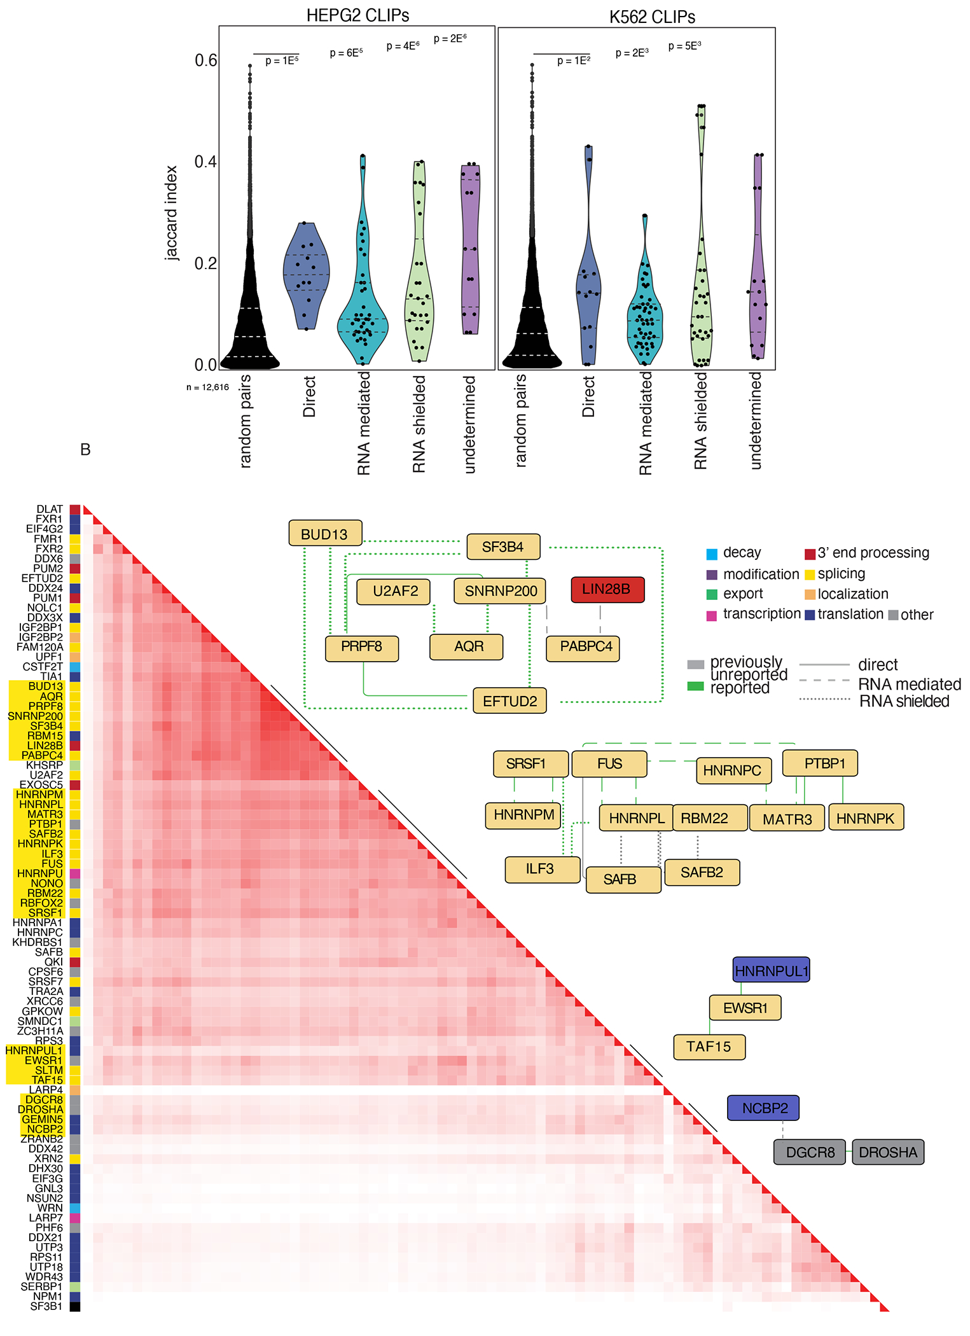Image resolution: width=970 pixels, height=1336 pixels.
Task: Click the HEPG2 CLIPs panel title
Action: [x=357, y=15]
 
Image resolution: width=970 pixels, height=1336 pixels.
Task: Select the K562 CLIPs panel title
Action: [x=652, y=17]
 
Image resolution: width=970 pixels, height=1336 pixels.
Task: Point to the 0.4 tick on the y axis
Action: [x=205, y=162]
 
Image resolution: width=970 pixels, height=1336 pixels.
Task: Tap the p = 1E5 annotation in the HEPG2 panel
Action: [x=282, y=61]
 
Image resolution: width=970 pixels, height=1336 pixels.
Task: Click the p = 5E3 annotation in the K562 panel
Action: [x=685, y=46]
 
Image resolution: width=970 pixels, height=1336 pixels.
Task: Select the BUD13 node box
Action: [x=325, y=534]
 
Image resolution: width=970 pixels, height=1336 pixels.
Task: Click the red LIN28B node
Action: [x=607, y=589]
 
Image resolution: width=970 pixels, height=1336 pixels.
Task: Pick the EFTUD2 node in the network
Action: [x=509, y=701]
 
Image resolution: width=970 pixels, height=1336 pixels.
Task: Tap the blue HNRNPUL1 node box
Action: [x=771, y=971]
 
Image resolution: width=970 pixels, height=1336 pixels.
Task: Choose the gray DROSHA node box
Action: [x=888, y=1152]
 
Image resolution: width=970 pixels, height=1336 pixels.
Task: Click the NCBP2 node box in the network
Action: [x=764, y=1108]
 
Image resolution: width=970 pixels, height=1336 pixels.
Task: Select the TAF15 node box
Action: [x=709, y=1047]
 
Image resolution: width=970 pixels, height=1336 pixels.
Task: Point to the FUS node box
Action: [x=609, y=763]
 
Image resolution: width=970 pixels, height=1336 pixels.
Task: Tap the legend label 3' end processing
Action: [x=873, y=553]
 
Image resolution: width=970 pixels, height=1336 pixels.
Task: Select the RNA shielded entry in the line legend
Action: [x=904, y=701]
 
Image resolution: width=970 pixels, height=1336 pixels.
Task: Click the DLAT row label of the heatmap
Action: [x=50, y=509]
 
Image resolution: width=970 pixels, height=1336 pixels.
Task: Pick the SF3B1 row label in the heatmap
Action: [x=46, y=1306]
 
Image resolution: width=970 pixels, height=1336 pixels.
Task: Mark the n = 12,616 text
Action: [x=207, y=387]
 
